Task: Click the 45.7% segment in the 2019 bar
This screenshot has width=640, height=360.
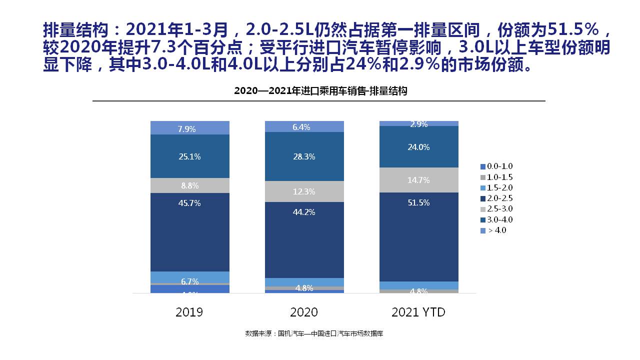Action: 189,232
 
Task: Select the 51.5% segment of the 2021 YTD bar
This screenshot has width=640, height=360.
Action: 418,237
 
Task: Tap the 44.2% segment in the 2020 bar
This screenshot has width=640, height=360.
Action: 304,239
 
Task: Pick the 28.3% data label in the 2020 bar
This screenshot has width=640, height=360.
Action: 304,156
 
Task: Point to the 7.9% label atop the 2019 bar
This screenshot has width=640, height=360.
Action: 186,129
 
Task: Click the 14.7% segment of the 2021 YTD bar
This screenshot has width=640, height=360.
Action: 418,180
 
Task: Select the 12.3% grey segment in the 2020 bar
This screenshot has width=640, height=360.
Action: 304,191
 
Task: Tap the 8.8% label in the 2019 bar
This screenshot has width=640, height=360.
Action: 189,185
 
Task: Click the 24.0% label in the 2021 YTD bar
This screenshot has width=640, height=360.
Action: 418,147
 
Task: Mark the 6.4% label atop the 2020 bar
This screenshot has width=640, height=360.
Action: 301,127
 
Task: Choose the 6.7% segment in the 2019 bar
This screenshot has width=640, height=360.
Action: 189,277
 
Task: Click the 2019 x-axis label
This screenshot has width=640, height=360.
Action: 189,312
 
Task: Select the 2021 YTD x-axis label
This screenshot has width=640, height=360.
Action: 418,312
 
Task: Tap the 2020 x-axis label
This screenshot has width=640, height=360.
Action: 304,312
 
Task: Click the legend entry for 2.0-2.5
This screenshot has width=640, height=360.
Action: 496,198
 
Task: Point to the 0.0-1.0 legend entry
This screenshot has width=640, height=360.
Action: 496,166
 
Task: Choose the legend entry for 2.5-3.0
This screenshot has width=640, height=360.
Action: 496,209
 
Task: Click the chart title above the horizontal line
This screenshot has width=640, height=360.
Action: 320,91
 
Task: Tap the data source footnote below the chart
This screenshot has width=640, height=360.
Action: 314,333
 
